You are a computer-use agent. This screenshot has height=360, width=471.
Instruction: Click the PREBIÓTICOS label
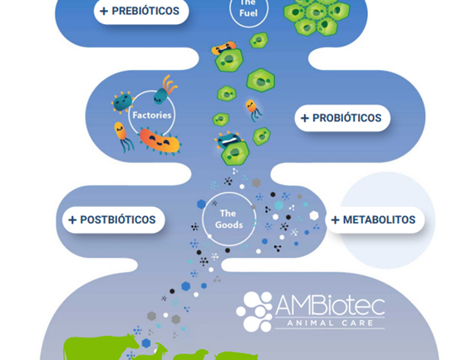pyautogui.click(x=141, y=11)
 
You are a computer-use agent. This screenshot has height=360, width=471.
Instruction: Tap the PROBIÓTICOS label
pyautogui.click(x=342, y=118)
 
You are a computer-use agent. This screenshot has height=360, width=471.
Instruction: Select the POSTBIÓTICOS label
pyautogui.click(x=114, y=219)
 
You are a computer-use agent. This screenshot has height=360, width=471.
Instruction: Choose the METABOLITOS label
pyautogui.click(x=375, y=219)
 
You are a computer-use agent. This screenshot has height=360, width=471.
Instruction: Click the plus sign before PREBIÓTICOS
pyautogui.click(x=104, y=12)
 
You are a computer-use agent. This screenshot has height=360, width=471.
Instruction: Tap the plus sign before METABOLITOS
pyautogui.click(x=336, y=220)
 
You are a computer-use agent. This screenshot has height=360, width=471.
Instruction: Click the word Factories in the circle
pyautogui.click(x=152, y=116)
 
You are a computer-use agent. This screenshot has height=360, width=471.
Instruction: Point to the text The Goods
pyautogui.click(x=228, y=219)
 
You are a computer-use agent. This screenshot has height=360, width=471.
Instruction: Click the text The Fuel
pyautogui.click(x=248, y=8)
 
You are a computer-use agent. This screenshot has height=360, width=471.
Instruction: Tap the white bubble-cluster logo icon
pyautogui.click(x=255, y=312)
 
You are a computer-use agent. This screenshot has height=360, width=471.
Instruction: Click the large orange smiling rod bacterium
pyautogui.click(x=159, y=141)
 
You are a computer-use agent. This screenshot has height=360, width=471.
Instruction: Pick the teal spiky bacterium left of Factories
pyautogui.click(x=123, y=102)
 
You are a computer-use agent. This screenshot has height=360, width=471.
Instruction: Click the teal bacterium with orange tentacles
pyautogui.click(x=165, y=90)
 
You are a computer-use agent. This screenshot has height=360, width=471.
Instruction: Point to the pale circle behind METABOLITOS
pyautogui.click(x=387, y=220)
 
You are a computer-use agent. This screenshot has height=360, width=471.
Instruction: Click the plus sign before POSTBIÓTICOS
pyautogui.click(x=72, y=220)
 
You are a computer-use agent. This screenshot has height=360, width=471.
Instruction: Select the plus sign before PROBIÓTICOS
pyautogui.click(x=305, y=118)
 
